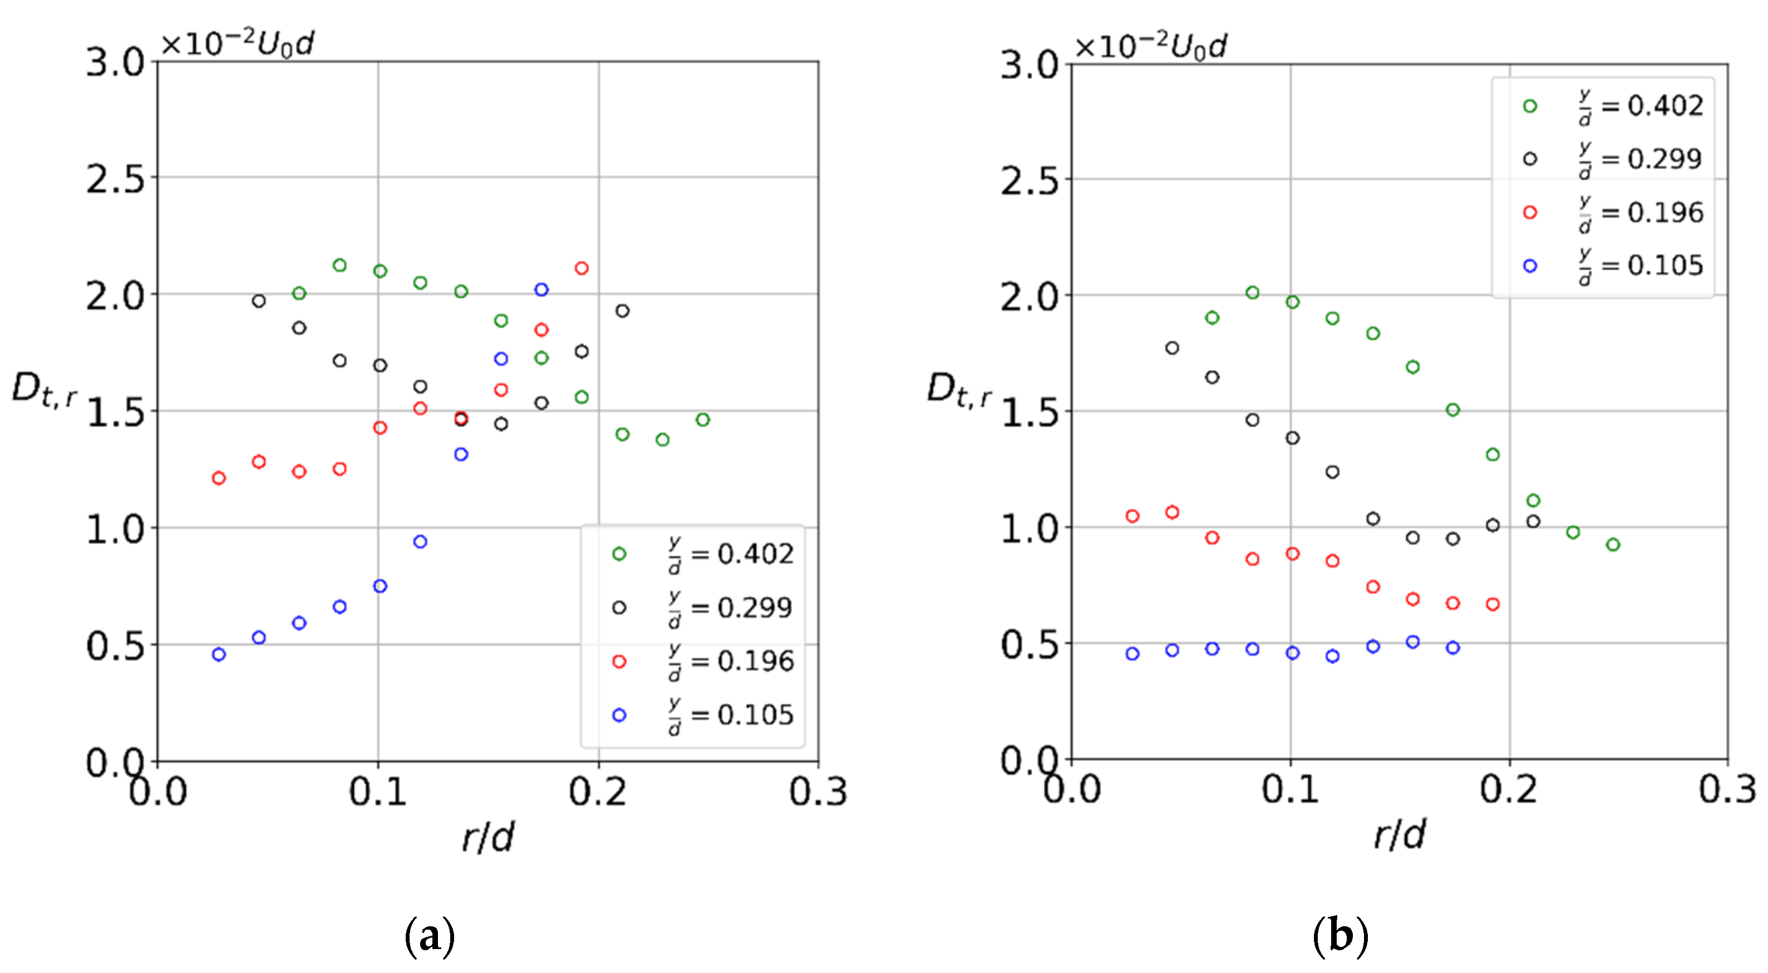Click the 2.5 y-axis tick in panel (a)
(x=115, y=180)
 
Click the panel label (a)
(x=430, y=936)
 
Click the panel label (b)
(x=1339, y=936)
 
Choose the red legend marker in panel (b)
(x=1530, y=213)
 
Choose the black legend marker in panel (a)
(x=619, y=608)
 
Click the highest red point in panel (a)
(x=582, y=268)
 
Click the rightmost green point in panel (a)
(x=702, y=420)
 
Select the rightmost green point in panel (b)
(x=1613, y=545)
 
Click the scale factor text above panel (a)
(x=237, y=45)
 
